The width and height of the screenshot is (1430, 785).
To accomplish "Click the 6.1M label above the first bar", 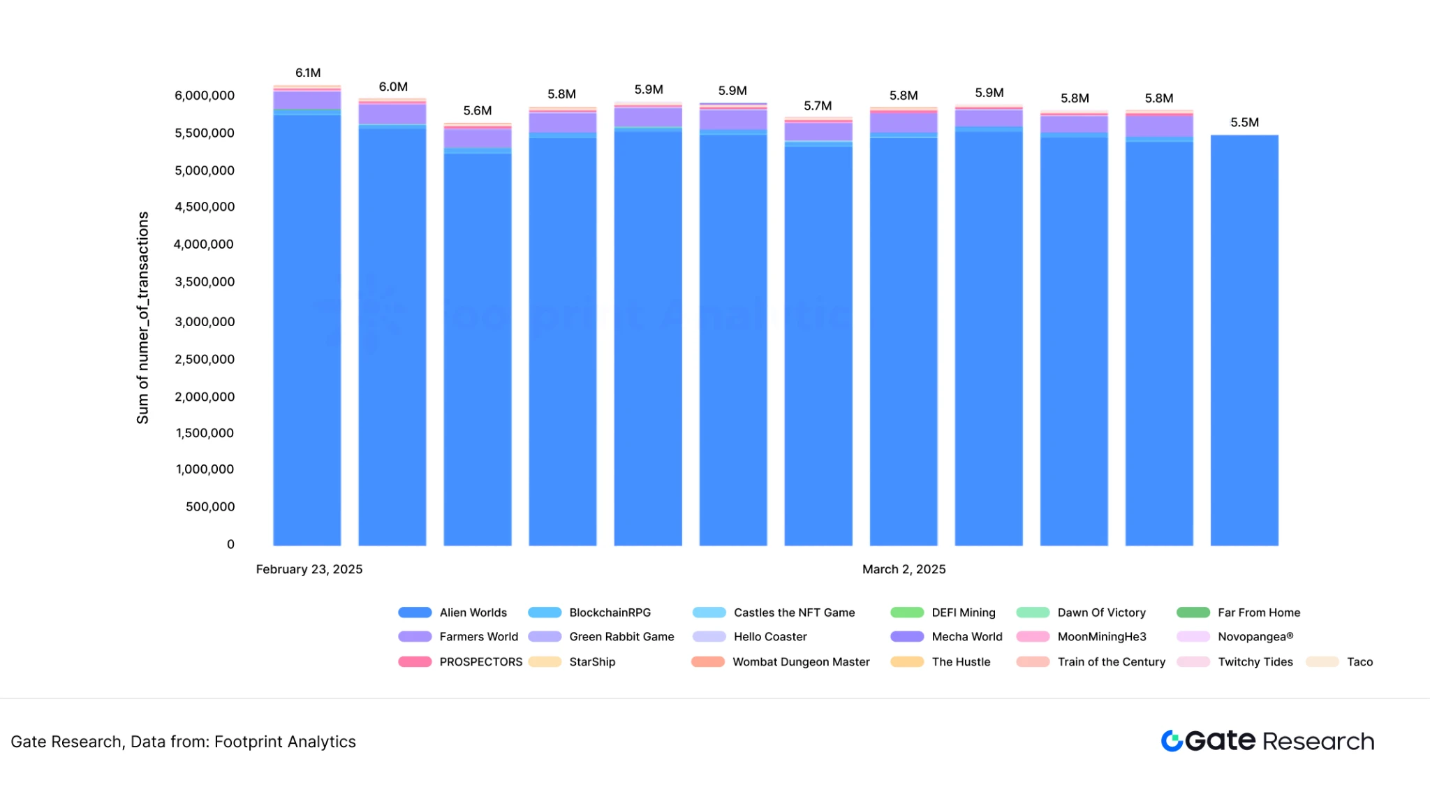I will pyautogui.click(x=308, y=73).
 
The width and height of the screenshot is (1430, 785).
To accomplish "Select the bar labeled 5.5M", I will pyautogui.click(x=1244, y=339).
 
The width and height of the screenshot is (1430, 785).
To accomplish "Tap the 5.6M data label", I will pyautogui.click(x=478, y=110).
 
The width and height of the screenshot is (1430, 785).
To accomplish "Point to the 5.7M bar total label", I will pyautogui.click(x=818, y=105).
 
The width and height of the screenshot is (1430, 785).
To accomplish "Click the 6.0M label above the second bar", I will pyautogui.click(x=393, y=87).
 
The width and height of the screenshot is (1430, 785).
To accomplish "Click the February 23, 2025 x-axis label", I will pyautogui.click(x=309, y=569).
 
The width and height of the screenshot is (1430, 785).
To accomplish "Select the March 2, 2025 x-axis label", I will pyautogui.click(x=904, y=569).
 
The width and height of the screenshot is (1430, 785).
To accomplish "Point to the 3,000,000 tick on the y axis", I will pyautogui.click(x=205, y=321).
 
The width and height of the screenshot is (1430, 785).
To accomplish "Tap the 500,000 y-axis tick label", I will pyautogui.click(x=210, y=506).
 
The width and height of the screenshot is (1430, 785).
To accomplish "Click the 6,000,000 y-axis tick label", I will pyautogui.click(x=205, y=95).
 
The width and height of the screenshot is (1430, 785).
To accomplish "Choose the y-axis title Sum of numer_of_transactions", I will pyautogui.click(x=142, y=318).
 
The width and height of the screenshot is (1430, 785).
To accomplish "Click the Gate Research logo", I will pyautogui.click(x=1267, y=741).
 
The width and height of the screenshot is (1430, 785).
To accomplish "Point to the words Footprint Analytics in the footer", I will pyautogui.click(x=285, y=742).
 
